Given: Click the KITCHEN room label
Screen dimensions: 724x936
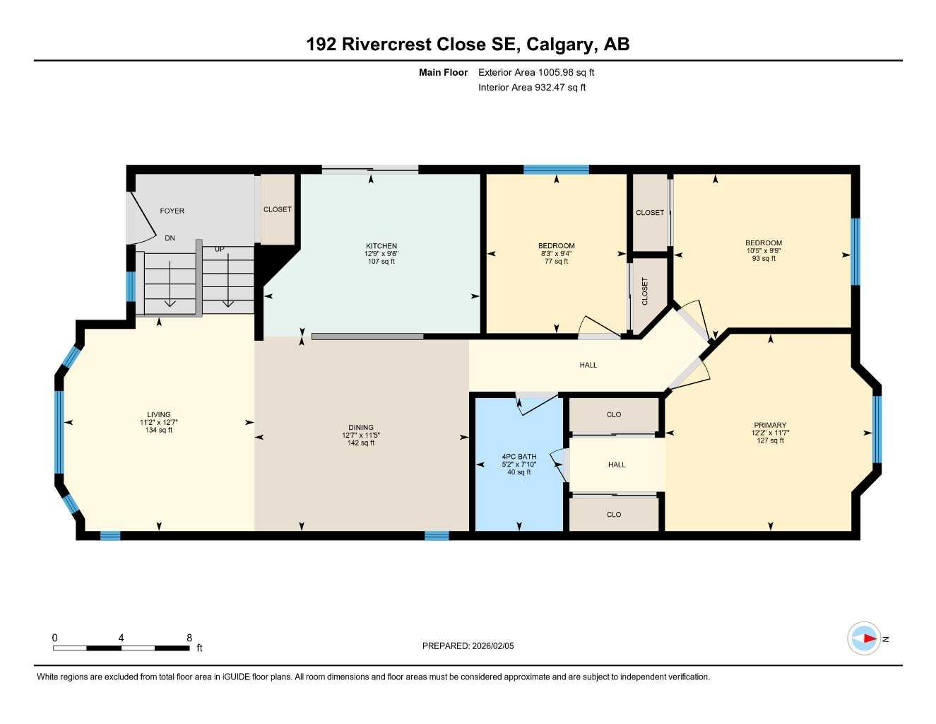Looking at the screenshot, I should tap(381, 246).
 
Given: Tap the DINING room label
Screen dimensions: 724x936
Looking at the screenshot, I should tap(360, 428).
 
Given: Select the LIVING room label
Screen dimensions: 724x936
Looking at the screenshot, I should tap(158, 415).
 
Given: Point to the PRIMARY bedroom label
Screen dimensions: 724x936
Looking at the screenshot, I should tap(769, 426).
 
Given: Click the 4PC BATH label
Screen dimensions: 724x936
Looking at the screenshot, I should tap(519, 457).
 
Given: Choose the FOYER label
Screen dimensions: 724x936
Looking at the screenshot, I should tap(172, 211).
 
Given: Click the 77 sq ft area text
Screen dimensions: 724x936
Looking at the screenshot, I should tap(557, 262).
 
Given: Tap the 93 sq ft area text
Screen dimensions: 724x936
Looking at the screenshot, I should tap(764, 259).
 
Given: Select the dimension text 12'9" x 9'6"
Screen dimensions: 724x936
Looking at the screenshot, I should tap(381, 254).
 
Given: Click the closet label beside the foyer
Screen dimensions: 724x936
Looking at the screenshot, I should tap(277, 209).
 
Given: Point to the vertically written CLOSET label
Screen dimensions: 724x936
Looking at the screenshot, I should tap(645, 291).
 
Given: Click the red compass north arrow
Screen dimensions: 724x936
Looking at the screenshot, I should tap(869, 638).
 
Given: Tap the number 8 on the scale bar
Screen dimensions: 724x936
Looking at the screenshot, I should tap(189, 638).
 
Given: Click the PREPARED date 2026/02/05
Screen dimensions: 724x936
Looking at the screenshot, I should tap(493, 646).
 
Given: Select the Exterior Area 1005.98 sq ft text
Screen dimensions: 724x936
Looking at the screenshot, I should tap(536, 72).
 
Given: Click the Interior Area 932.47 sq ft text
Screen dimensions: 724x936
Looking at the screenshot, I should tap(532, 88).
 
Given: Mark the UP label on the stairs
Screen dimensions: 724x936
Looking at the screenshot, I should tap(219, 249).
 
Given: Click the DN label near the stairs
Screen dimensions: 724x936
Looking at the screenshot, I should tap(170, 238).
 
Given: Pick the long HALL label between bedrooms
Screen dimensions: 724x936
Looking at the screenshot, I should tap(588, 365).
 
